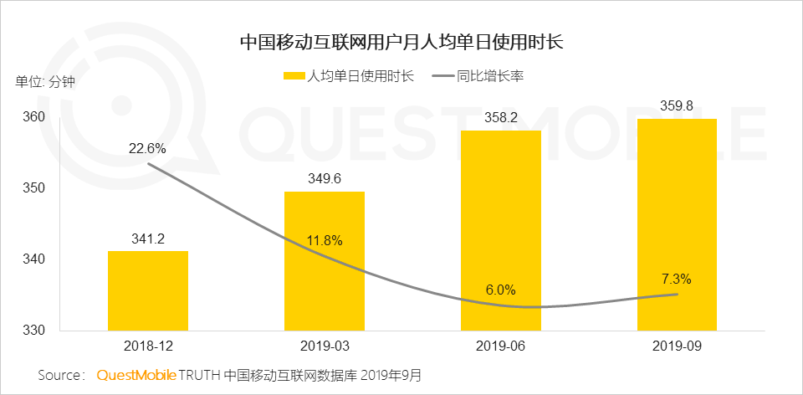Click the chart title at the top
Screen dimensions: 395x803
(x=401, y=42)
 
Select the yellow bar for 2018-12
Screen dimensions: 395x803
(x=147, y=290)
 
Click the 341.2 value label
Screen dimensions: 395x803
(x=147, y=239)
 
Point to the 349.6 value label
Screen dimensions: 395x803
(x=324, y=179)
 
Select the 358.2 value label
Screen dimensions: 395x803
(x=500, y=118)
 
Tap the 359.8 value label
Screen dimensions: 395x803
(x=677, y=106)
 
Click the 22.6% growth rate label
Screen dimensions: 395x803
(x=147, y=148)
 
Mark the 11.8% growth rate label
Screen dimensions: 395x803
(x=324, y=241)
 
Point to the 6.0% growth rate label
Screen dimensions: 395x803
(x=500, y=290)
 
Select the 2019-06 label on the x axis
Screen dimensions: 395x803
(x=500, y=346)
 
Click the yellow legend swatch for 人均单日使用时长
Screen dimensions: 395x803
(x=295, y=76)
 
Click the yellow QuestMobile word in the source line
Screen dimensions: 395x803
(x=136, y=374)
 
